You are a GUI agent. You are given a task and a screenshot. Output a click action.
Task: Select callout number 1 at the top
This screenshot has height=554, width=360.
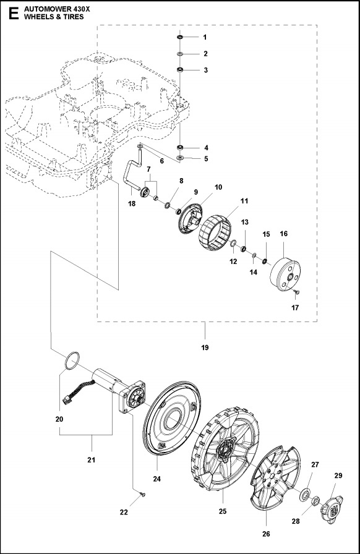click(x=205, y=38)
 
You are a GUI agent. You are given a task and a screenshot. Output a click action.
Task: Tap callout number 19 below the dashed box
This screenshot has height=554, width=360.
click(x=205, y=347)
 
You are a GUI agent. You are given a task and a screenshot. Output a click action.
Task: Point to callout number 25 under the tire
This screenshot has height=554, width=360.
click(x=222, y=511)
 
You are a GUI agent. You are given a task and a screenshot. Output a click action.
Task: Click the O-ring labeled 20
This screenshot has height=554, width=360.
click(x=72, y=360)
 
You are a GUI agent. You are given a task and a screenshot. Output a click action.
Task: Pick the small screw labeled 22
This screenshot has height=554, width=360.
click(x=142, y=493)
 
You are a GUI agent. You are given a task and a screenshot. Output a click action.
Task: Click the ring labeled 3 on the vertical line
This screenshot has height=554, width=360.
click(x=179, y=70)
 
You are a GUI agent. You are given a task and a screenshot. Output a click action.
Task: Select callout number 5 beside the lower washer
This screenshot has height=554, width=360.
click(x=205, y=158)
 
